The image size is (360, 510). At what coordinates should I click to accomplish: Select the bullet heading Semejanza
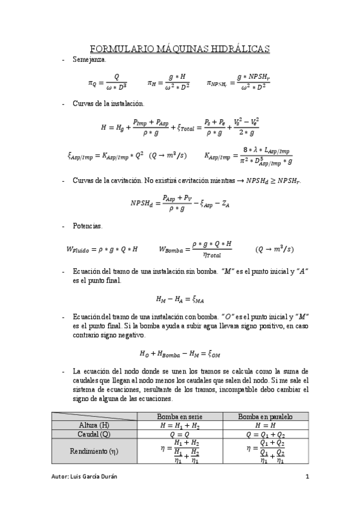pyautogui.click(x=90, y=61)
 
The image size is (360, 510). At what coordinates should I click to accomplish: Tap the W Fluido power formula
pyautogui.click(x=102, y=249)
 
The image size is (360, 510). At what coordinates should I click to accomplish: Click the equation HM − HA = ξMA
pyautogui.click(x=180, y=299)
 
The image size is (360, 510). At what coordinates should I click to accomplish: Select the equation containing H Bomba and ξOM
pyautogui.click(x=180, y=354)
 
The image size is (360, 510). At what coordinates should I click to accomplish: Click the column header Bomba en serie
pyautogui.click(x=180, y=416)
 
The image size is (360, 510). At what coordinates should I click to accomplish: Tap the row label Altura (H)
pyautogui.click(x=94, y=425)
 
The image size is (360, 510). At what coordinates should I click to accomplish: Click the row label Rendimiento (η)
pyautogui.click(x=94, y=451)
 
